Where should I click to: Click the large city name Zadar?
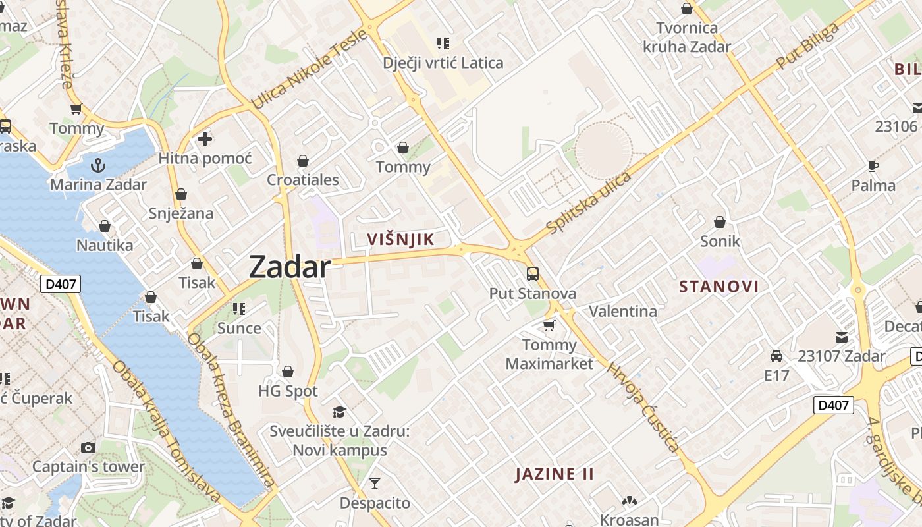pyautogui.click(x=290, y=267)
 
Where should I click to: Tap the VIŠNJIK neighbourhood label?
pyautogui.click(x=400, y=239)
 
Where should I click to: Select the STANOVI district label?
pyautogui.click(x=719, y=287)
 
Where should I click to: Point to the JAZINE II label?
pyautogui.click(x=555, y=474)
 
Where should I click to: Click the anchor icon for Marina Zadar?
pyautogui.click(x=98, y=165)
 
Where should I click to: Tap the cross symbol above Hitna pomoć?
pyautogui.click(x=205, y=139)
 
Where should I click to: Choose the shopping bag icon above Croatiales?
pyautogui.click(x=303, y=161)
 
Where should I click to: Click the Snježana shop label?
pyautogui.click(x=181, y=213)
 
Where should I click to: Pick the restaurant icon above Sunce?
pyautogui.click(x=239, y=309)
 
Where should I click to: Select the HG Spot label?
pyautogui.click(x=288, y=391)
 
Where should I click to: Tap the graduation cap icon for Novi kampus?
pyautogui.click(x=339, y=412)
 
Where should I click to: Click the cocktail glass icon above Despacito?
pyautogui.click(x=375, y=484)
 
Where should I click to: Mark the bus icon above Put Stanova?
pyautogui.click(x=533, y=274)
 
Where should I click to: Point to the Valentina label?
pyautogui.click(x=622, y=312)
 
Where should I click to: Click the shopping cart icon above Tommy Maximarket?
pyautogui.click(x=549, y=325)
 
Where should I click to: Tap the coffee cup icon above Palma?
pyautogui.click(x=873, y=166)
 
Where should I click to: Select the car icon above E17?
pyautogui.click(x=776, y=356)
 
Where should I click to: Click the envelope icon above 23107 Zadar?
pyautogui.click(x=842, y=337)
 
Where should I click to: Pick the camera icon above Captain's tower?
pyautogui.click(x=88, y=448)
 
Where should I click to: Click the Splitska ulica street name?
pyautogui.click(x=589, y=202)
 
